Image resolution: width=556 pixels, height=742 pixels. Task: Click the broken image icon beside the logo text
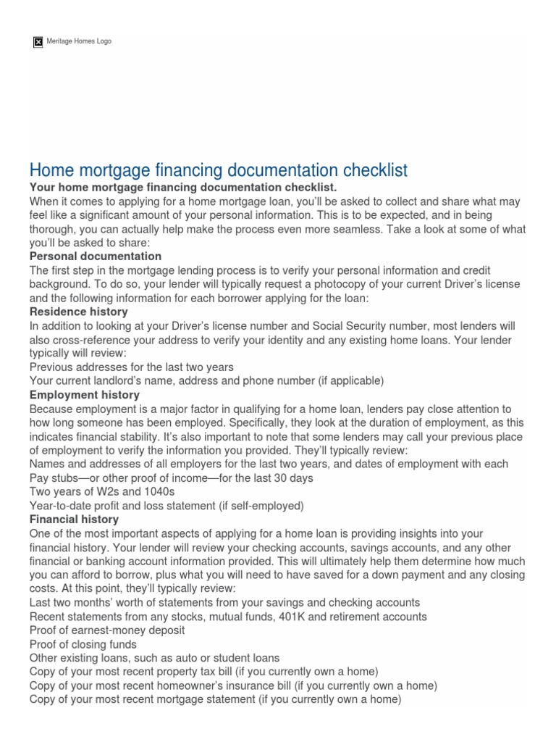click(x=38, y=42)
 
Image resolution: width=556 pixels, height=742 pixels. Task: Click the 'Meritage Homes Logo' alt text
click(x=78, y=41)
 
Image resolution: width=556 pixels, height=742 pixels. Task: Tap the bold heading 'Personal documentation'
click(x=96, y=257)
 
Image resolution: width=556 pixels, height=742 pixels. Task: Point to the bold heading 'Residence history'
click(x=79, y=312)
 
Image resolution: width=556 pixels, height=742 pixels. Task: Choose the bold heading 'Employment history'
click(x=85, y=395)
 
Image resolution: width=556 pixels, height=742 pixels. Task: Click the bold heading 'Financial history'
click(x=75, y=520)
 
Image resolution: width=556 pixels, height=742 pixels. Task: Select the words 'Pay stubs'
click(x=54, y=478)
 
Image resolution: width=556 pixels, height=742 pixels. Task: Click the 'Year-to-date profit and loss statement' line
click(x=167, y=506)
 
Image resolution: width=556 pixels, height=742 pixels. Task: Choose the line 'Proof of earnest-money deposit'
click(x=107, y=630)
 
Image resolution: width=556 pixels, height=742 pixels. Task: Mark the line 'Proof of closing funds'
click(x=83, y=644)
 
